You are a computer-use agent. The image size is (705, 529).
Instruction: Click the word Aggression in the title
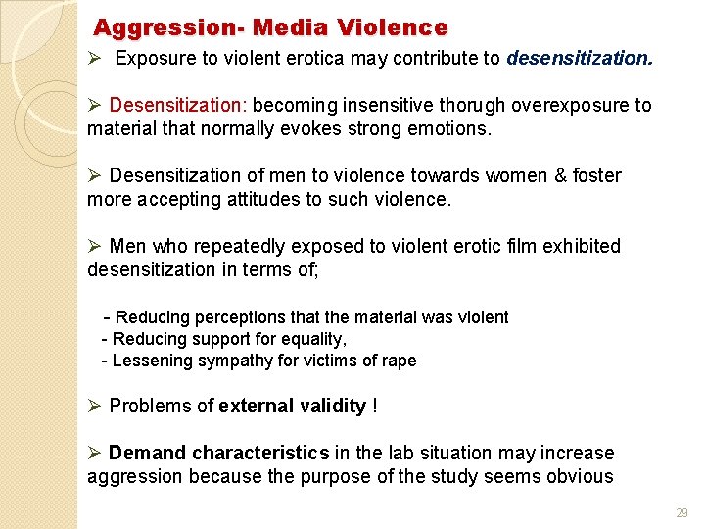click(x=144, y=27)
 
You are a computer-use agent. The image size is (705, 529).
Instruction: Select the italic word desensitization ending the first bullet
click(x=579, y=58)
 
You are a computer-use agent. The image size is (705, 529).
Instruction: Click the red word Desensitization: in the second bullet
click(x=179, y=105)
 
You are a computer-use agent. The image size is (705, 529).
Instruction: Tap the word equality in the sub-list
click(x=312, y=339)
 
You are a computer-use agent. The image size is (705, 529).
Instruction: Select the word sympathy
click(x=233, y=361)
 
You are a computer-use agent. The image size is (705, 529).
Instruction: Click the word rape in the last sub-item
click(x=399, y=361)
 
